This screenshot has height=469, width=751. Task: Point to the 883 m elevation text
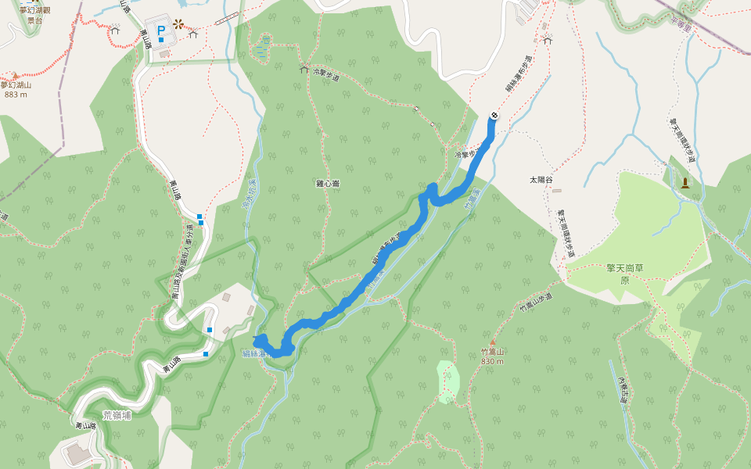[x=16, y=94]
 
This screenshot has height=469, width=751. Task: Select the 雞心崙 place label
[x=327, y=183]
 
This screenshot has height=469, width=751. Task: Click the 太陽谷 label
[x=541, y=180]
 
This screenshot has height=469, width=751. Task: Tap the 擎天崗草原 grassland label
[x=612, y=273]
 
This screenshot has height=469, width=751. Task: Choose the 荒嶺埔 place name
[x=117, y=414]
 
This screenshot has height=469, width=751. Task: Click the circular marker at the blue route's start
[x=494, y=116]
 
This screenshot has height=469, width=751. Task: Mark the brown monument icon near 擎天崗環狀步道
[x=685, y=183]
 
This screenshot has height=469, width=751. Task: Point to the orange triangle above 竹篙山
[x=492, y=342]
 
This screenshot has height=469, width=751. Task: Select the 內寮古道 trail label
[x=623, y=390]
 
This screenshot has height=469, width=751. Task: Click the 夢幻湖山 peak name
[x=16, y=84]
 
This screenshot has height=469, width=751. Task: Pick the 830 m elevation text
[x=493, y=362]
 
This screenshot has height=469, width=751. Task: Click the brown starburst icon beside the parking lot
[x=179, y=23]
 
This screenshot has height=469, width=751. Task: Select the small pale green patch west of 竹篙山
[x=448, y=381]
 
